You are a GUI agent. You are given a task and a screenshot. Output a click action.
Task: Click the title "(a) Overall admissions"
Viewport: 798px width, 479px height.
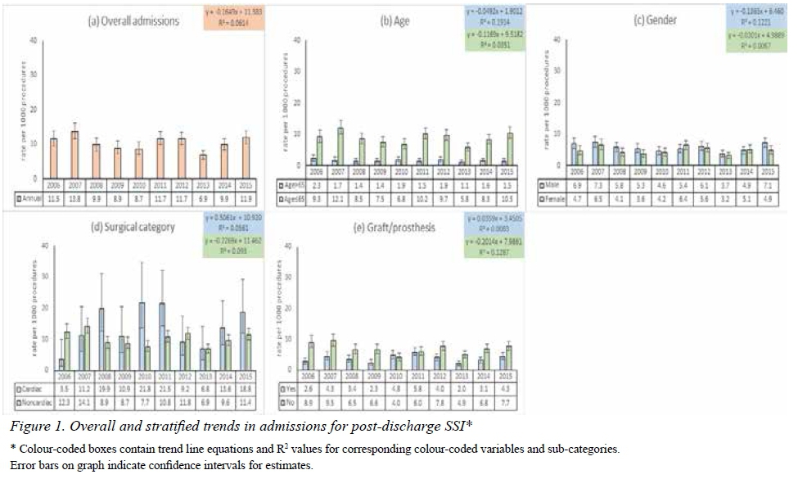[133, 22]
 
